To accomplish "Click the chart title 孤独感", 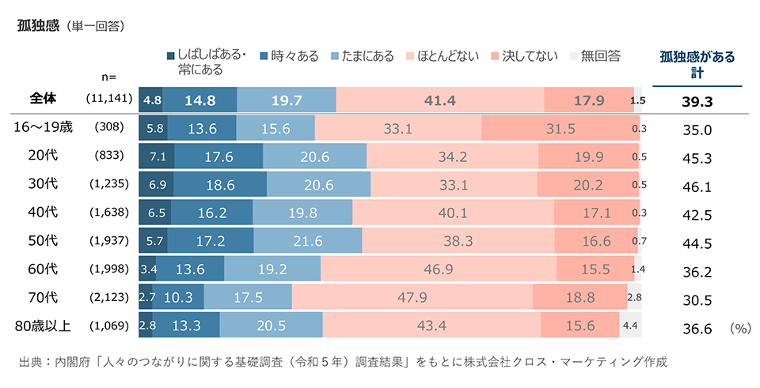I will (39, 25).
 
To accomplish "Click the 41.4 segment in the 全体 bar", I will (440, 100).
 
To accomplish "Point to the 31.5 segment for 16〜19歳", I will (560, 129).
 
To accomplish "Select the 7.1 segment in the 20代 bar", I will (156, 156).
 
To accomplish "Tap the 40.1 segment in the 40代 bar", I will (454, 213).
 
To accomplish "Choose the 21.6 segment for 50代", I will (307, 240).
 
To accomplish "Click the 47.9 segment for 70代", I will (412, 297).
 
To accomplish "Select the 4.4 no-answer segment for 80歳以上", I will (630, 325).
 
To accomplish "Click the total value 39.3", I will (697, 102).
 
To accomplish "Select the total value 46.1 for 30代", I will (697, 187).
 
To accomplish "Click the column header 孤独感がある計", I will (697, 64).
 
